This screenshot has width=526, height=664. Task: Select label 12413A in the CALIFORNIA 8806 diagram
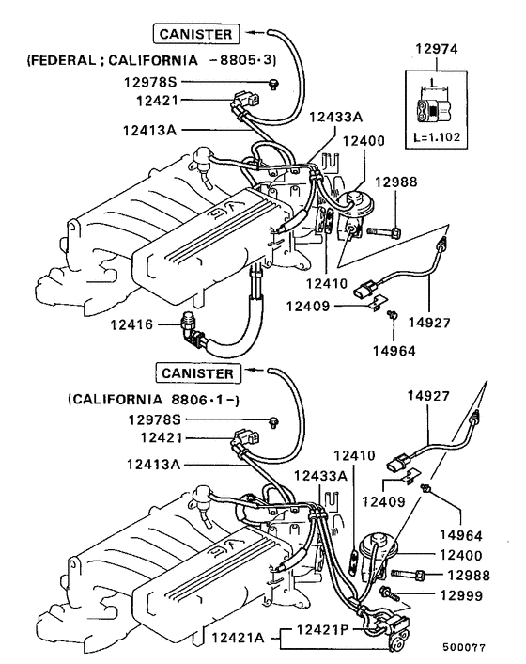click(x=157, y=464)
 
